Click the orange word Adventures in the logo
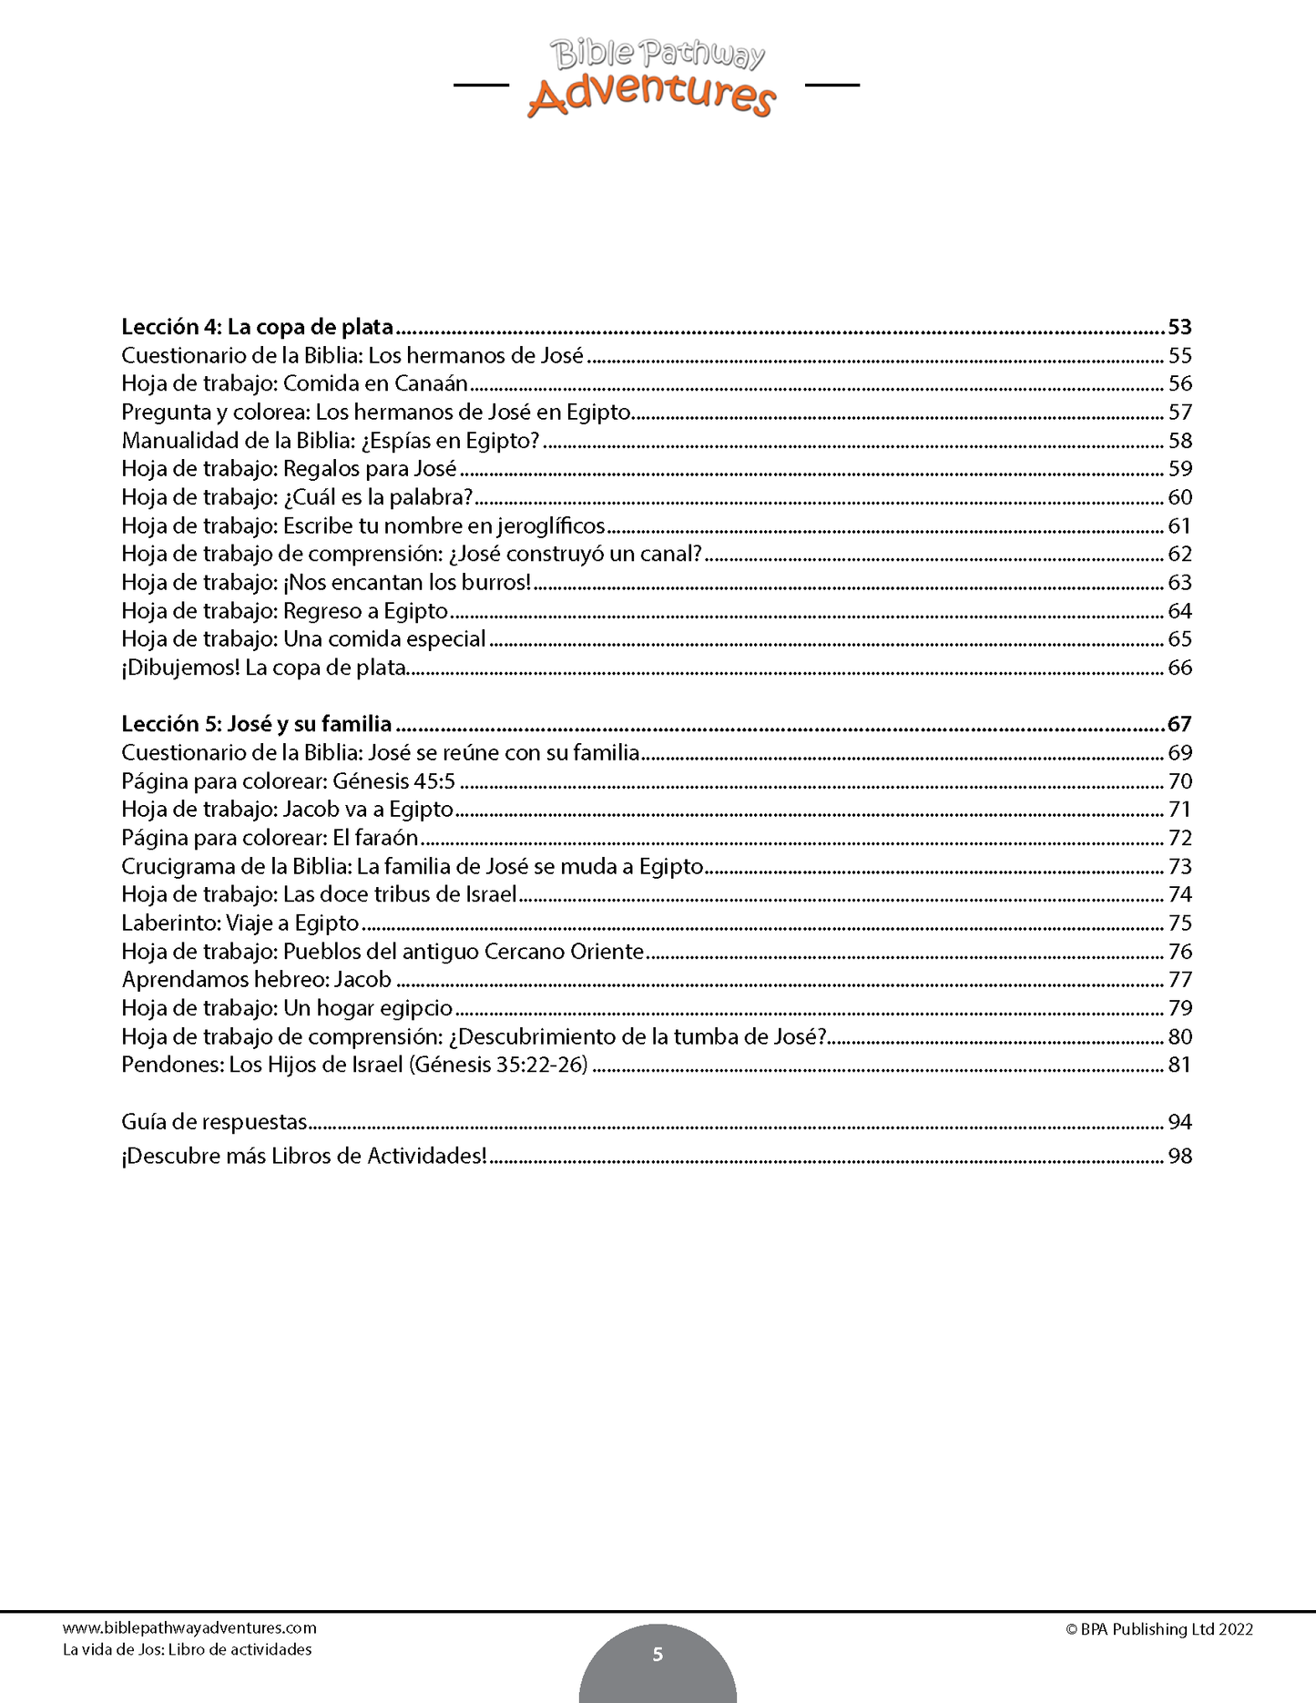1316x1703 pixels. pyautogui.click(x=651, y=96)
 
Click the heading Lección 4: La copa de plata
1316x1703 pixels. pyautogui.click(x=258, y=327)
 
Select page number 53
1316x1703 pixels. pyautogui.click(x=1179, y=327)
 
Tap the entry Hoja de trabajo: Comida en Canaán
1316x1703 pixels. pyautogui.click(x=294, y=383)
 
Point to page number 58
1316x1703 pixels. pyautogui.click(x=1179, y=441)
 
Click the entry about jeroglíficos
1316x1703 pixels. pyautogui.click(x=362, y=525)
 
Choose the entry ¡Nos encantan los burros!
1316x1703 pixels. pyautogui.click(x=326, y=582)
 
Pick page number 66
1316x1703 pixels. pyautogui.click(x=1179, y=668)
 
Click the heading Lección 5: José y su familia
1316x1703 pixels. pyautogui.click(x=257, y=724)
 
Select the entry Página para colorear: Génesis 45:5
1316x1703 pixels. pyautogui.click(x=288, y=781)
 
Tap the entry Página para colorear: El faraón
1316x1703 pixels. pyautogui.click(x=270, y=838)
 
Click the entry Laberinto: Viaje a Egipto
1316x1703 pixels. pyautogui.click(x=240, y=923)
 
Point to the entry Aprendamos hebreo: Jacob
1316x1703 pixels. pyautogui.click(x=256, y=980)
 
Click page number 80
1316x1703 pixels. pyautogui.click(x=1179, y=1036)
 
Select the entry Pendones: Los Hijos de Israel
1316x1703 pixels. pyautogui.click(x=354, y=1065)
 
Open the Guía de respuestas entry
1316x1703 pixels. pyautogui.click(x=214, y=1122)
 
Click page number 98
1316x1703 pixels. pyautogui.click(x=1179, y=1157)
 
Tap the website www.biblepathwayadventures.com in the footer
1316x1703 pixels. pyautogui.click(x=189, y=1628)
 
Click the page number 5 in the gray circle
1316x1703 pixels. pyautogui.click(x=658, y=1655)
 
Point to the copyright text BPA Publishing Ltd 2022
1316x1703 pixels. pyautogui.click(x=1159, y=1630)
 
